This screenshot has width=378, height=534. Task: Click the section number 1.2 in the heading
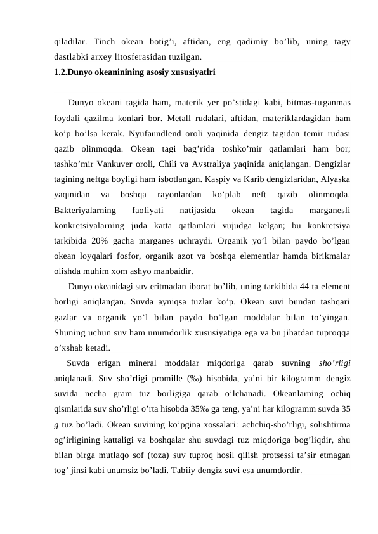coord(60,72)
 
